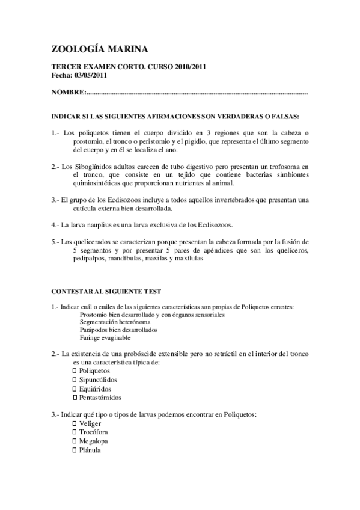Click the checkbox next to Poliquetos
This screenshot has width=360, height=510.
[x=75, y=371]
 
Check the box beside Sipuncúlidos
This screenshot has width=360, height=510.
[x=75, y=380]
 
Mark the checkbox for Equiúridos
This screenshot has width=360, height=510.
[x=75, y=389]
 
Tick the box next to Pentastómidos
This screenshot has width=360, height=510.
[x=75, y=398]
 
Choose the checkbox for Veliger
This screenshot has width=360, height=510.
[x=75, y=423]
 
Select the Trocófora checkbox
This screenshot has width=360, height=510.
[x=75, y=432]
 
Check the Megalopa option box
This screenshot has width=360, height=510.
[x=75, y=441]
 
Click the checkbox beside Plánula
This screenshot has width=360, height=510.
[x=75, y=450]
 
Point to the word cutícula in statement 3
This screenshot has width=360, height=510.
[x=87, y=209]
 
